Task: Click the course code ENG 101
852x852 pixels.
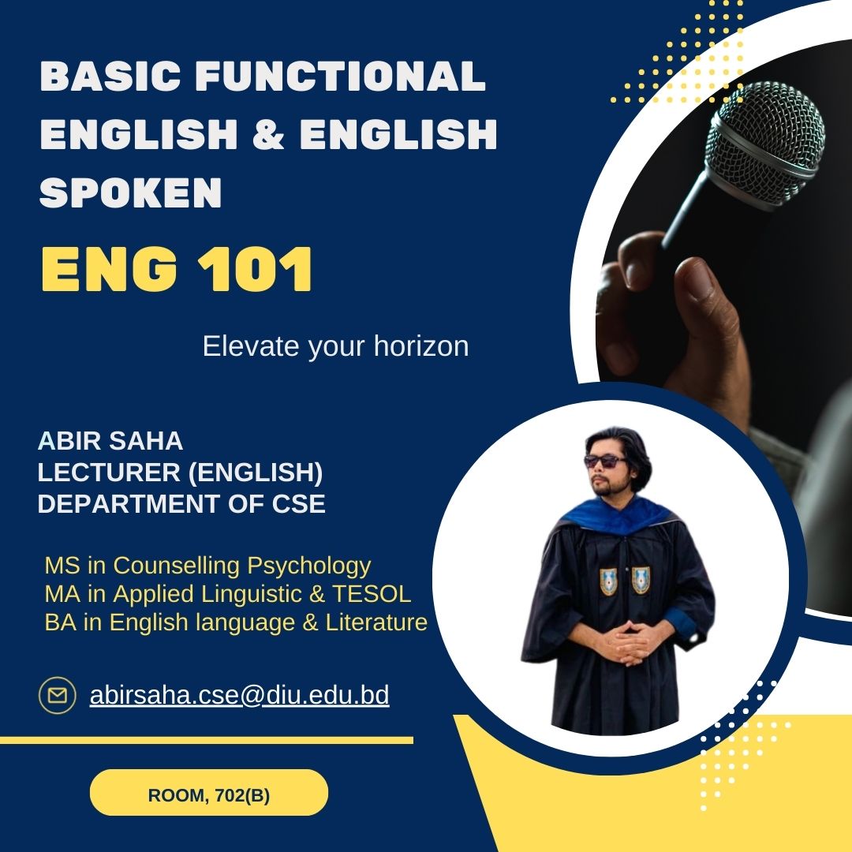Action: coord(177,270)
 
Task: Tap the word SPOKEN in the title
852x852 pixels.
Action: coord(130,192)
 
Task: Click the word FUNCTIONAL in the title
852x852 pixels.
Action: coord(340,76)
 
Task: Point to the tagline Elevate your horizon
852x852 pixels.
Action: coord(335,346)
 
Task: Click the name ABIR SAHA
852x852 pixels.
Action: coord(110,441)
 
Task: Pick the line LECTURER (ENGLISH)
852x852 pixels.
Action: coord(180,473)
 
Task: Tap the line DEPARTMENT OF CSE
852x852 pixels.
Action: coord(181,503)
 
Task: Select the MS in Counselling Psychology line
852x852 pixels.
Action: coord(207,566)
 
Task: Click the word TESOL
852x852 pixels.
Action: coord(372,594)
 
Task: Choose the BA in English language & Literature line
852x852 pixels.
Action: coord(236,622)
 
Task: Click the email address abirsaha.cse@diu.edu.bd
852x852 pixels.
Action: coord(240,696)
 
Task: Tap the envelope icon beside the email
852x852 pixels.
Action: coord(58,696)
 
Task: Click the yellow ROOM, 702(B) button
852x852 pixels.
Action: coord(208,792)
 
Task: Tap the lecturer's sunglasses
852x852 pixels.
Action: coord(605,461)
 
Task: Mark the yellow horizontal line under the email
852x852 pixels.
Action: coord(207,740)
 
